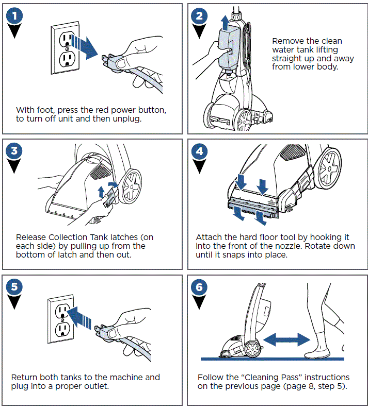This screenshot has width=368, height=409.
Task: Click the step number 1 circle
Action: (15, 16)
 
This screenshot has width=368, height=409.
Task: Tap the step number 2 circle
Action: (200, 16)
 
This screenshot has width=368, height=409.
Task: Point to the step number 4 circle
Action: (200, 151)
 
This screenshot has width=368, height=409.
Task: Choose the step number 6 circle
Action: (200, 286)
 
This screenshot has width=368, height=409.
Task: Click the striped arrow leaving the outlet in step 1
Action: (84, 45)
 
